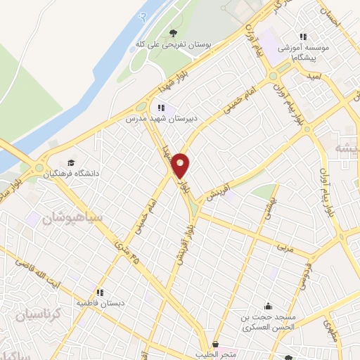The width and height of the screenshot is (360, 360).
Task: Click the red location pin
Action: (181, 165)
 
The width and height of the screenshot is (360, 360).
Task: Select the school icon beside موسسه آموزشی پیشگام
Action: (303, 37)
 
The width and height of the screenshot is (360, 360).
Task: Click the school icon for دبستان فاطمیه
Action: (100, 292)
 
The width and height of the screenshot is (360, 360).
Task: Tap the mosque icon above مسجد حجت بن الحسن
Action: (267, 306)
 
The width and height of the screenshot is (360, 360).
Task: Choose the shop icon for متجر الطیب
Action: (214, 345)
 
